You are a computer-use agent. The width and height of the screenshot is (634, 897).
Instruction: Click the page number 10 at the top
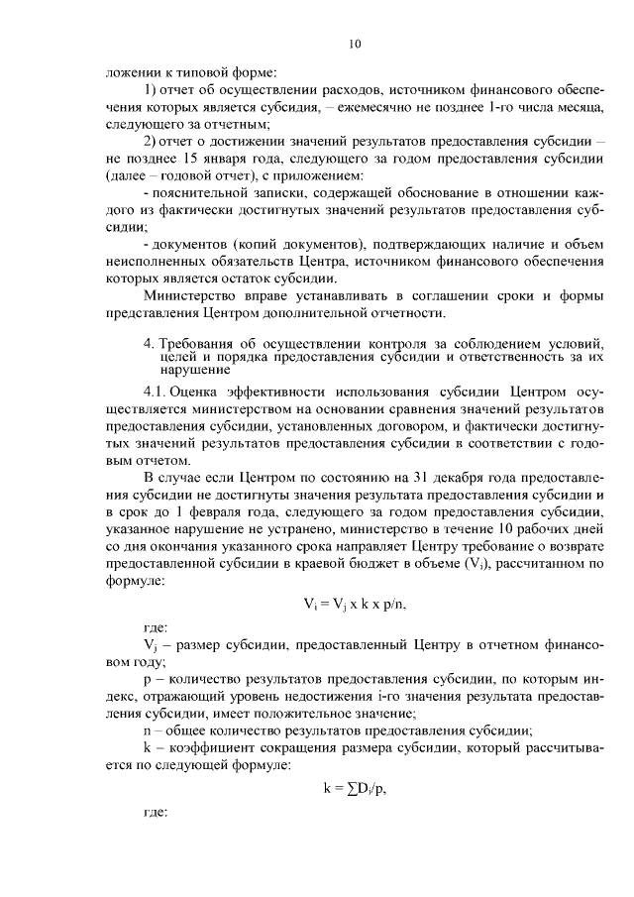(356, 43)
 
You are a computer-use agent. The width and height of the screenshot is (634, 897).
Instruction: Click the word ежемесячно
(378, 104)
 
